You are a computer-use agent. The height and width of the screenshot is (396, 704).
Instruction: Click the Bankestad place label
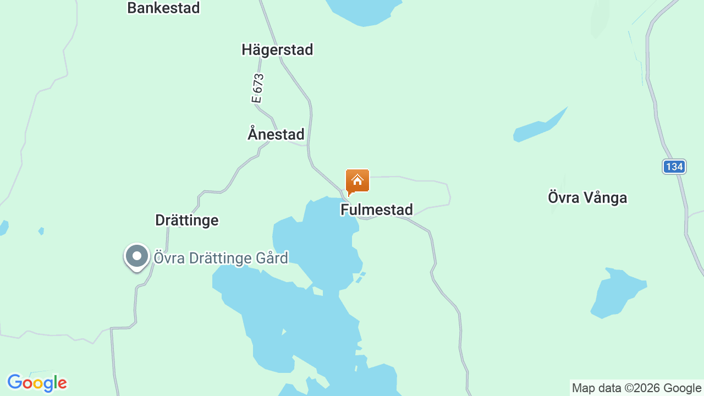click(163, 8)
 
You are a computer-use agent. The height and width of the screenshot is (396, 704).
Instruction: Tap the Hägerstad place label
click(277, 50)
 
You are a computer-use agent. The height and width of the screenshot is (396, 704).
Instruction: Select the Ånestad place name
click(276, 134)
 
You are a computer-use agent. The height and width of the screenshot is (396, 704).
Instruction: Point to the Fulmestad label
click(377, 210)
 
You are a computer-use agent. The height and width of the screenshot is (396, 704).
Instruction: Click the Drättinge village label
click(187, 220)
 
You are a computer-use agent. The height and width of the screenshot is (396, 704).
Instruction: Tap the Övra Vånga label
click(587, 197)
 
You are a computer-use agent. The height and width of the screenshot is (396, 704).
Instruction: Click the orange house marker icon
click(358, 181)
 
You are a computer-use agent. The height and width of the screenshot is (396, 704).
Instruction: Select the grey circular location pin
click(137, 256)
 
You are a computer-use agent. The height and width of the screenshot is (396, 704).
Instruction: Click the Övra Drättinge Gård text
click(221, 258)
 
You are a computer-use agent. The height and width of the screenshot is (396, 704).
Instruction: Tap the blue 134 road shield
click(674, 167)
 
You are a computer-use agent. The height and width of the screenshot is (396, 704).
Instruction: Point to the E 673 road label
click(257, 89)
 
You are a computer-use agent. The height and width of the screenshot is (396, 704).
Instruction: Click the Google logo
click(37, 383)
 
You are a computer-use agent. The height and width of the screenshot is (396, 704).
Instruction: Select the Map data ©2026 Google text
click(636, 388)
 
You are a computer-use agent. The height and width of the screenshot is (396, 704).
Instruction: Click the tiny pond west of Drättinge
click(41, 231)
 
